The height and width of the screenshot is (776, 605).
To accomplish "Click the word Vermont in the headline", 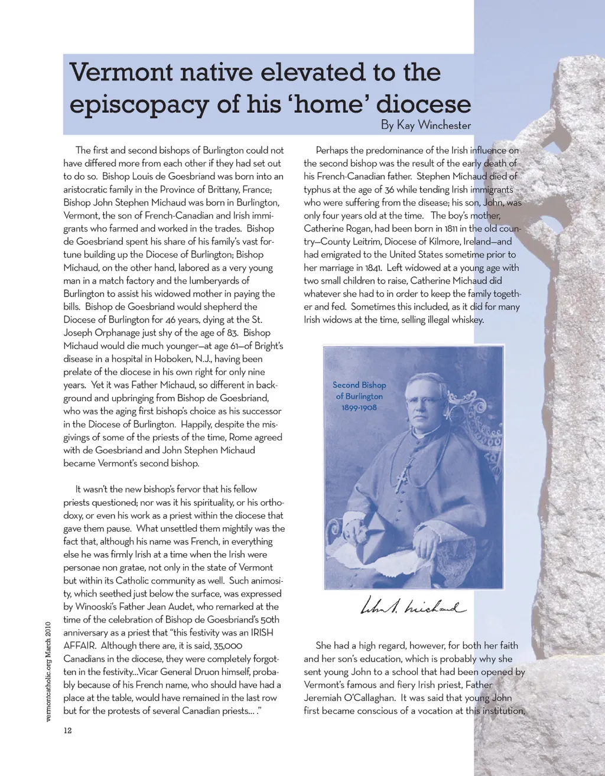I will pos(121,73).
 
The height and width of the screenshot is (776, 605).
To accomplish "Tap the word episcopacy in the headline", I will pos(139,105).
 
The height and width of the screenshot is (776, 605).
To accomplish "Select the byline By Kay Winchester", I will pos(425,125).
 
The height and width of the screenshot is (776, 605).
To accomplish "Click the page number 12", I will pos(67,731).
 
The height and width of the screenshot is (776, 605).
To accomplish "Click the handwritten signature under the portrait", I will pos(412,606).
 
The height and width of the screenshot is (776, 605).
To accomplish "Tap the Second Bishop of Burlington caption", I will pos(359,390).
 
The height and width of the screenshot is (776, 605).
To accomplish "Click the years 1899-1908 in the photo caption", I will pos(359,407).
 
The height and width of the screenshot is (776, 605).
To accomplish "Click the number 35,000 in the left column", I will pos(227,645).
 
